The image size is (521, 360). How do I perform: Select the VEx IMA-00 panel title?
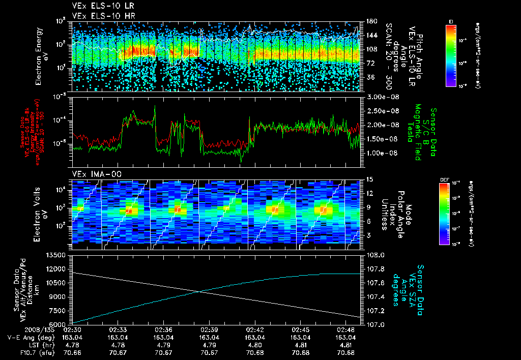pyautogui.click(x=93, y=174)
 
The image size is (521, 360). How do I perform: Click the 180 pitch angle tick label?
pyautogui.click(x=370, y=21)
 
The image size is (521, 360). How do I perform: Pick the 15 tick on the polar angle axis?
pyautogui.click(x=368, y=179)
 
